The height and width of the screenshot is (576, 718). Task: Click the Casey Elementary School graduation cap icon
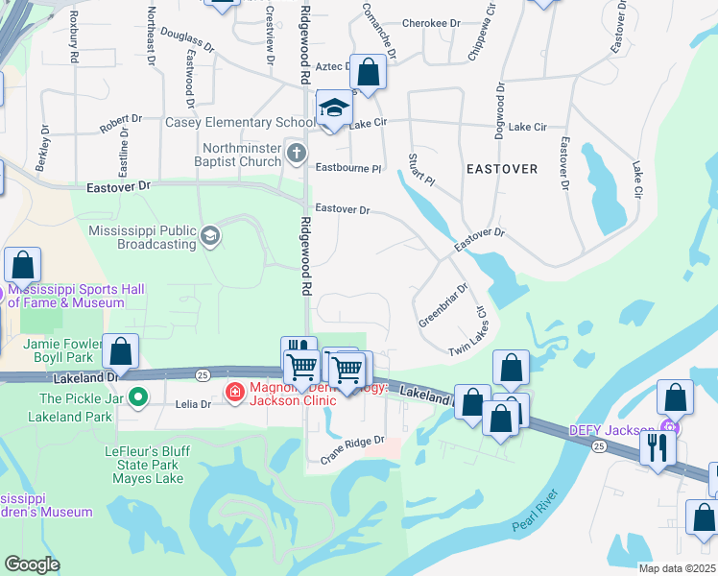[x=334, y=109]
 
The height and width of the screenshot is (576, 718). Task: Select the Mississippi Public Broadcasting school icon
[x=209, y=234]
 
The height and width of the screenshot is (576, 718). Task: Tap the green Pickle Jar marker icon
[x=139, y=396]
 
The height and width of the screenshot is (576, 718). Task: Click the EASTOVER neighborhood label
[x=502, y=169]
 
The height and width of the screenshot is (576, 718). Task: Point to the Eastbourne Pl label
[x=349, y=168]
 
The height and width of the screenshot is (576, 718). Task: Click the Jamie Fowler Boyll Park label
[x=61, y=349]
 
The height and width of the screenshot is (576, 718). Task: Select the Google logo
[x=32, y=564]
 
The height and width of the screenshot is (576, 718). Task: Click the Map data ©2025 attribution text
[x=676, y=568]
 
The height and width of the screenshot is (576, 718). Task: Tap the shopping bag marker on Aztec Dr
[x=369, y=72]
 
